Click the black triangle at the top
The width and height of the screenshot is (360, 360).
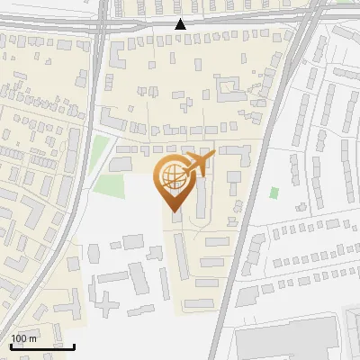click(x=181, y=24)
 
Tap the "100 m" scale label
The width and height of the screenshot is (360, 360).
click(x=23, y=338)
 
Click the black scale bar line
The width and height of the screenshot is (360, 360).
click(x=41, y=346)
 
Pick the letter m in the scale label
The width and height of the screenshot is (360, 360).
click(x=32, y=338)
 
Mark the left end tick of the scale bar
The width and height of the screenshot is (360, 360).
click(x=10, y=345)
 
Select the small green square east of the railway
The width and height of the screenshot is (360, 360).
click(x=274, y=192)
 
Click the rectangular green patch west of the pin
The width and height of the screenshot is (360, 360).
click(x=109, y=186)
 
